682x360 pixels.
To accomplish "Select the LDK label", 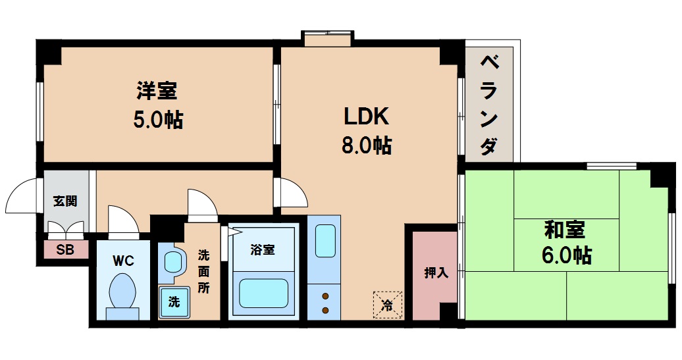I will click(x=367, y=116).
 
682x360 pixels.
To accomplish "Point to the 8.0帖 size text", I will click(x=367, y=145).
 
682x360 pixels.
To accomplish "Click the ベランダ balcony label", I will click(x=489, y=105).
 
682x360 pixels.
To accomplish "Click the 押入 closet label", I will click(x=436, y=272).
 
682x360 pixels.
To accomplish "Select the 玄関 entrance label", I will click(x=65, y=201).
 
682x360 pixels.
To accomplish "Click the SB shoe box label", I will click(x=65, y=249).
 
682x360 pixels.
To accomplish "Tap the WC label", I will click(x=123, y=261).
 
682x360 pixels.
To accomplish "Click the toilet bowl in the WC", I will click(x=123, y=293).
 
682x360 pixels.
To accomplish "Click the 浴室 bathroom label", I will click(x=263, y=249).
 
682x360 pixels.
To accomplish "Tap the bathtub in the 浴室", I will click(x=263, y=293).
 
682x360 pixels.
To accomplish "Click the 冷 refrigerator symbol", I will click(x=387, y=304).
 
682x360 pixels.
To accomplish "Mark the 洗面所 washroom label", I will click(x=204, y=269).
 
